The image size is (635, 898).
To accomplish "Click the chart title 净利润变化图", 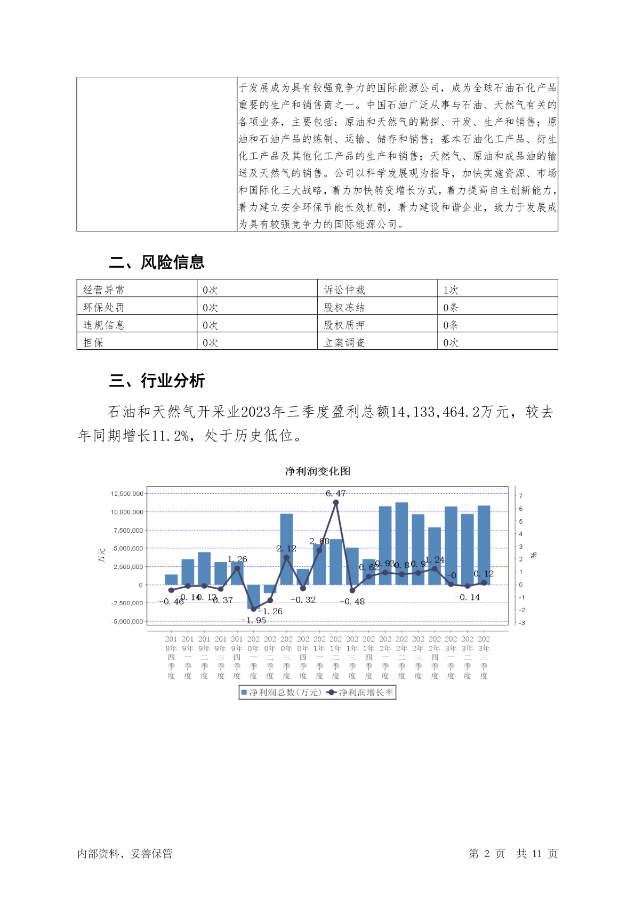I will pos(317,471).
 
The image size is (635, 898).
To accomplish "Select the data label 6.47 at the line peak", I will pos(335,494).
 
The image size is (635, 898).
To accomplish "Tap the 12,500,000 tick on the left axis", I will pos(127,494).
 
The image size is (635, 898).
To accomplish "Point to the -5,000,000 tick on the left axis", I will pos(127,622).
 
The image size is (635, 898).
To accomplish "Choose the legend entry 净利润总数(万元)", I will pos(281,693).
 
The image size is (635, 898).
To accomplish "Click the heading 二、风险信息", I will pos(157,262).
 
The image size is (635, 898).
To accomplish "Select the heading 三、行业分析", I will pos(157,381).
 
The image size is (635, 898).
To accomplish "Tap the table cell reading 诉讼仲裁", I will pos(344,290).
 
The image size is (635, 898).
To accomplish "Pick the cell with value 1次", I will pos(451,290).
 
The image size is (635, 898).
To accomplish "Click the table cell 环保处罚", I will pos(103,308).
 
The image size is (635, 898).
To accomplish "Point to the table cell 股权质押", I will pos(344,325).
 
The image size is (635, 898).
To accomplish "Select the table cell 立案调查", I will pos(344,343).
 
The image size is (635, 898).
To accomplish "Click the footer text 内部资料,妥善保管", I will pos(125,854).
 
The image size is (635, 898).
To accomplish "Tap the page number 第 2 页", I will pos(487,854).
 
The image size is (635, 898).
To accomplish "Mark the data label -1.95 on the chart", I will pos(254,621).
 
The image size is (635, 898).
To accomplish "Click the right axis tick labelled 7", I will pos(521,496).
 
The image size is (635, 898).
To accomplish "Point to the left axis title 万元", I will pos(101,555).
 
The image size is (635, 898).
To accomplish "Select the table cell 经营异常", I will pos(103,290).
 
